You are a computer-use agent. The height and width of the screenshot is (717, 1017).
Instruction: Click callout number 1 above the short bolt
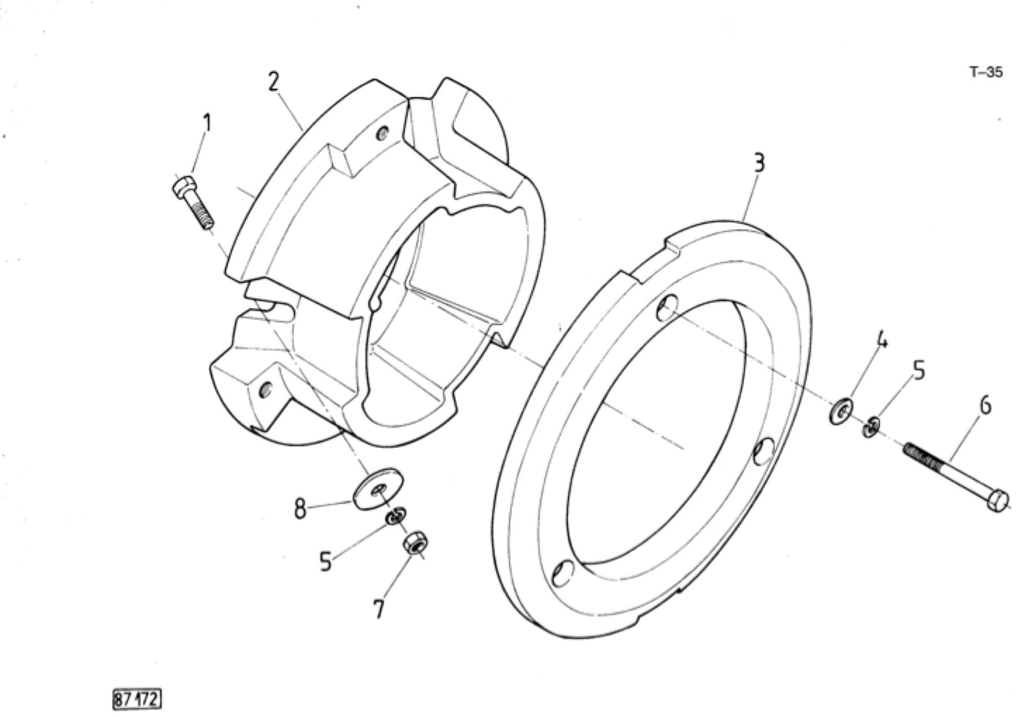pos(207,123)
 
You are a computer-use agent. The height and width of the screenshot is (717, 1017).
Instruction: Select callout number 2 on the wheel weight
pos(273,82)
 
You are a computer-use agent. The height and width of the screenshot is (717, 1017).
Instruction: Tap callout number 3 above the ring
pos(759,163)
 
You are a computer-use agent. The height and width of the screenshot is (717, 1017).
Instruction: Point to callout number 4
pos(881,341)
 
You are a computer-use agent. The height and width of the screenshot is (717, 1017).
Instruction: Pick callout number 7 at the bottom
pos(378,609)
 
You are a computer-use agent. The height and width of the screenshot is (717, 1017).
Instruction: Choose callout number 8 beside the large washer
pos(300,508)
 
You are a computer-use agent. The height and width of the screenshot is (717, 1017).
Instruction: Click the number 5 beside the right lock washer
pos(919,372)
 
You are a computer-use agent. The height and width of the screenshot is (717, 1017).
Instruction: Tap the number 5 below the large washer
pos(325,562)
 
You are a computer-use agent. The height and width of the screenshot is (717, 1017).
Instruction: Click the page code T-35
pos(986,72)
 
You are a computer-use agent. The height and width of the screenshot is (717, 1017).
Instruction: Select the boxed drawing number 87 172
pos(137,699)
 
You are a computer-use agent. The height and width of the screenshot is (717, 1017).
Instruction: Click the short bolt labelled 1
pos(192,202)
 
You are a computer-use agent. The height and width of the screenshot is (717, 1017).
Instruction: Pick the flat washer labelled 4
pos(841,411)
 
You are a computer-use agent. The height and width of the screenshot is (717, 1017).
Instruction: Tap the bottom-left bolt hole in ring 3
pos(563,573)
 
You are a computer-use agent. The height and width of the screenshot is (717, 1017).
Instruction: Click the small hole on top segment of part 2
pos(383,134)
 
